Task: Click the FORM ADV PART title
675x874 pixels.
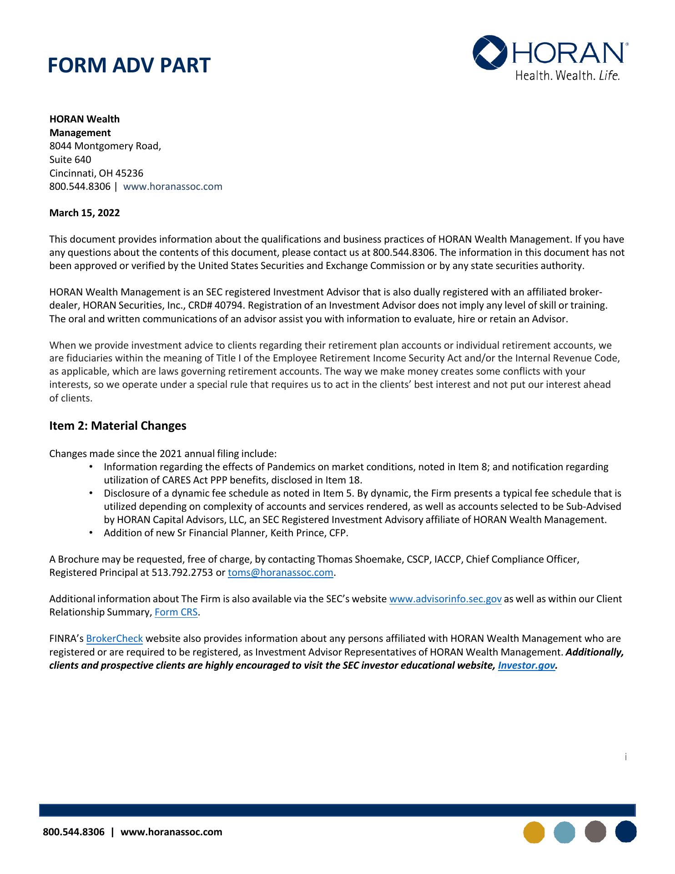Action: (x=129, y=66)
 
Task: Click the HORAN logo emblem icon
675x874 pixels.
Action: (x=490, y=53)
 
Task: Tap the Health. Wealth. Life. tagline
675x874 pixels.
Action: (x=568, y=76)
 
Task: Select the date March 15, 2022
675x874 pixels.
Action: (x=85, y=213)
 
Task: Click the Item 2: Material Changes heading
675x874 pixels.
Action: (x=118, y=426)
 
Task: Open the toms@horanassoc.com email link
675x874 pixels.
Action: (x=280, y=573)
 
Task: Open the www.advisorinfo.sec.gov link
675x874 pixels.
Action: (x=445, y=599)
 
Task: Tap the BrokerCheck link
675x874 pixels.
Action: (x=115, y=639)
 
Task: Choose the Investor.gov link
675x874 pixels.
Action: (x=527, y=666)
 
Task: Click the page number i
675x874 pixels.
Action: (x=625, y=757)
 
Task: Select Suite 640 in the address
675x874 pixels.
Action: (x=70, y=160)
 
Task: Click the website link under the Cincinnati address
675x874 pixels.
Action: (x=173, y=187)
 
